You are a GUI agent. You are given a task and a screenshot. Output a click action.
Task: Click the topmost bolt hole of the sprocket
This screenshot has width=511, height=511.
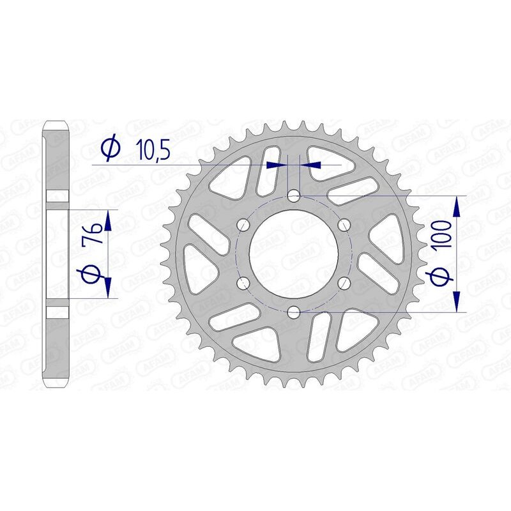tap(293, 195)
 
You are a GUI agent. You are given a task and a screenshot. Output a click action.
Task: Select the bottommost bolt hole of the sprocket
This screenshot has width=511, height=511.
tap(293, 311)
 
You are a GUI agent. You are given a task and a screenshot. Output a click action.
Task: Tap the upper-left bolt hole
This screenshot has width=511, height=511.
tap(243, 224)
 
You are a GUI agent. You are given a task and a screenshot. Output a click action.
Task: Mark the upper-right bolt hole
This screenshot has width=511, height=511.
tap(344, 224)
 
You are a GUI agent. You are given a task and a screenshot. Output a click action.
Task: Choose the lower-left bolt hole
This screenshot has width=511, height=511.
tap(243, 282)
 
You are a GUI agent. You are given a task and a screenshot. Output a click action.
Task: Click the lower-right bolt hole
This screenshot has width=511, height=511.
tap(344, 282)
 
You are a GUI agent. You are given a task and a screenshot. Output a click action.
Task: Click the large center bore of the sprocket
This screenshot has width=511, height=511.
tap(293, 253)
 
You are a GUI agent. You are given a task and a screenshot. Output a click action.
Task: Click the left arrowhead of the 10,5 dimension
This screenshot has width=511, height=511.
tap(275, 165)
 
